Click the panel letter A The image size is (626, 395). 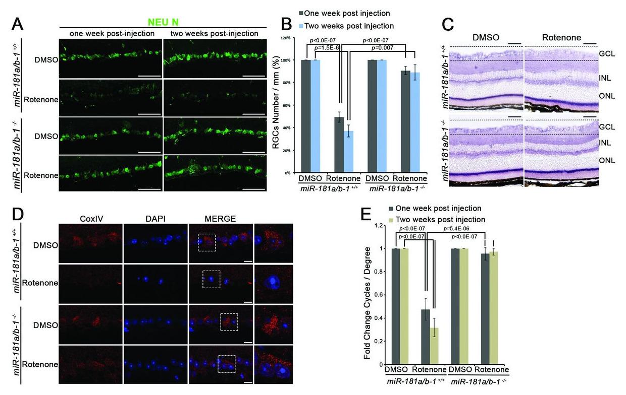coord(17,24)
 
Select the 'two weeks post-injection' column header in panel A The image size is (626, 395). coord(215,34)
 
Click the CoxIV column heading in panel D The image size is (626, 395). coord(92,218)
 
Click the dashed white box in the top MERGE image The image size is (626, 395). coord(207,242)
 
